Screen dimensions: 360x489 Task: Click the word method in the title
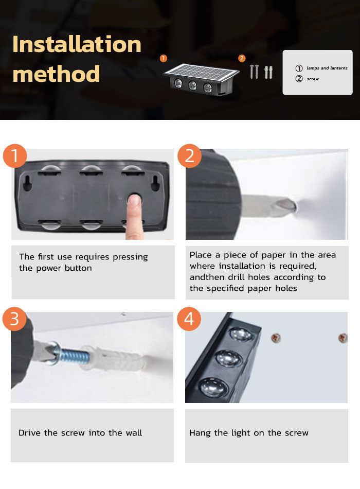(x=56, y=74)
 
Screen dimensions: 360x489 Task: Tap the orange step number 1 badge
(x=15, y=156)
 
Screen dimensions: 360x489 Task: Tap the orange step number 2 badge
(x=189, y=156)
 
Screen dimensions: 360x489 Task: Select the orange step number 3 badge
(x=14, y=319)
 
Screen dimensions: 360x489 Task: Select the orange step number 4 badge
(x=189, y=319)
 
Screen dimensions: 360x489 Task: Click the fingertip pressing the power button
(x=135, y=201)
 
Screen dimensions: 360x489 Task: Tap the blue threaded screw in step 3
(x=74, y=356)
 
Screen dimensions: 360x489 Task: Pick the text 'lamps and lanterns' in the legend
(x=327, y=68)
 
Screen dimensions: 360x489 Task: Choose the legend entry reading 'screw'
(x=313, y=79)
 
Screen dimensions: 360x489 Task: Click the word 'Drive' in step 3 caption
(x=30, y=432)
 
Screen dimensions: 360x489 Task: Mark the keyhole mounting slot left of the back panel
(x=27, y=183)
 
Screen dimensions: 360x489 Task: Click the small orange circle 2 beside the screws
(x=242, y=58)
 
